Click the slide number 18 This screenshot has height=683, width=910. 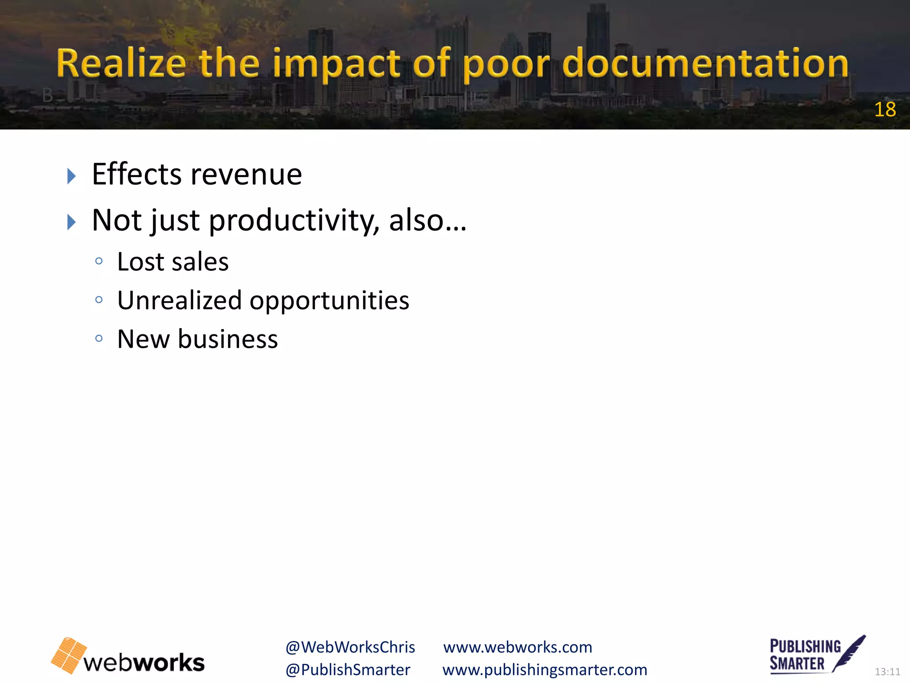coord(885,109)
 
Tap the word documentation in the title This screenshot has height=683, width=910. coord(705,64)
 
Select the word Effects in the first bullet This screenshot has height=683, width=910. coord(136,174)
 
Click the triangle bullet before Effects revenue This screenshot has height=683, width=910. coord(72,176)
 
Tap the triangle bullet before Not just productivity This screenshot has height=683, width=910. coord(72,222)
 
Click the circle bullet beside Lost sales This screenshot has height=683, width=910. coord(99,261)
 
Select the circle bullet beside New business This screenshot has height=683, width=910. coord(99,339)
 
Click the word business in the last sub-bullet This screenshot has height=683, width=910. coord(228,339)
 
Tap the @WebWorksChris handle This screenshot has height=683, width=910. coord(350,647)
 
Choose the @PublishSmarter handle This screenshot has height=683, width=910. coord(348,670)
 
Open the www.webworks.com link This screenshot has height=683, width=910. coord(518,647)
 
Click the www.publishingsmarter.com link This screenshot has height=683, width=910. coord(545,670)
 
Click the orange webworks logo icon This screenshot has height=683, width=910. coord(69,655)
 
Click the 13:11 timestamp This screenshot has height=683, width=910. coord(887,671)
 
